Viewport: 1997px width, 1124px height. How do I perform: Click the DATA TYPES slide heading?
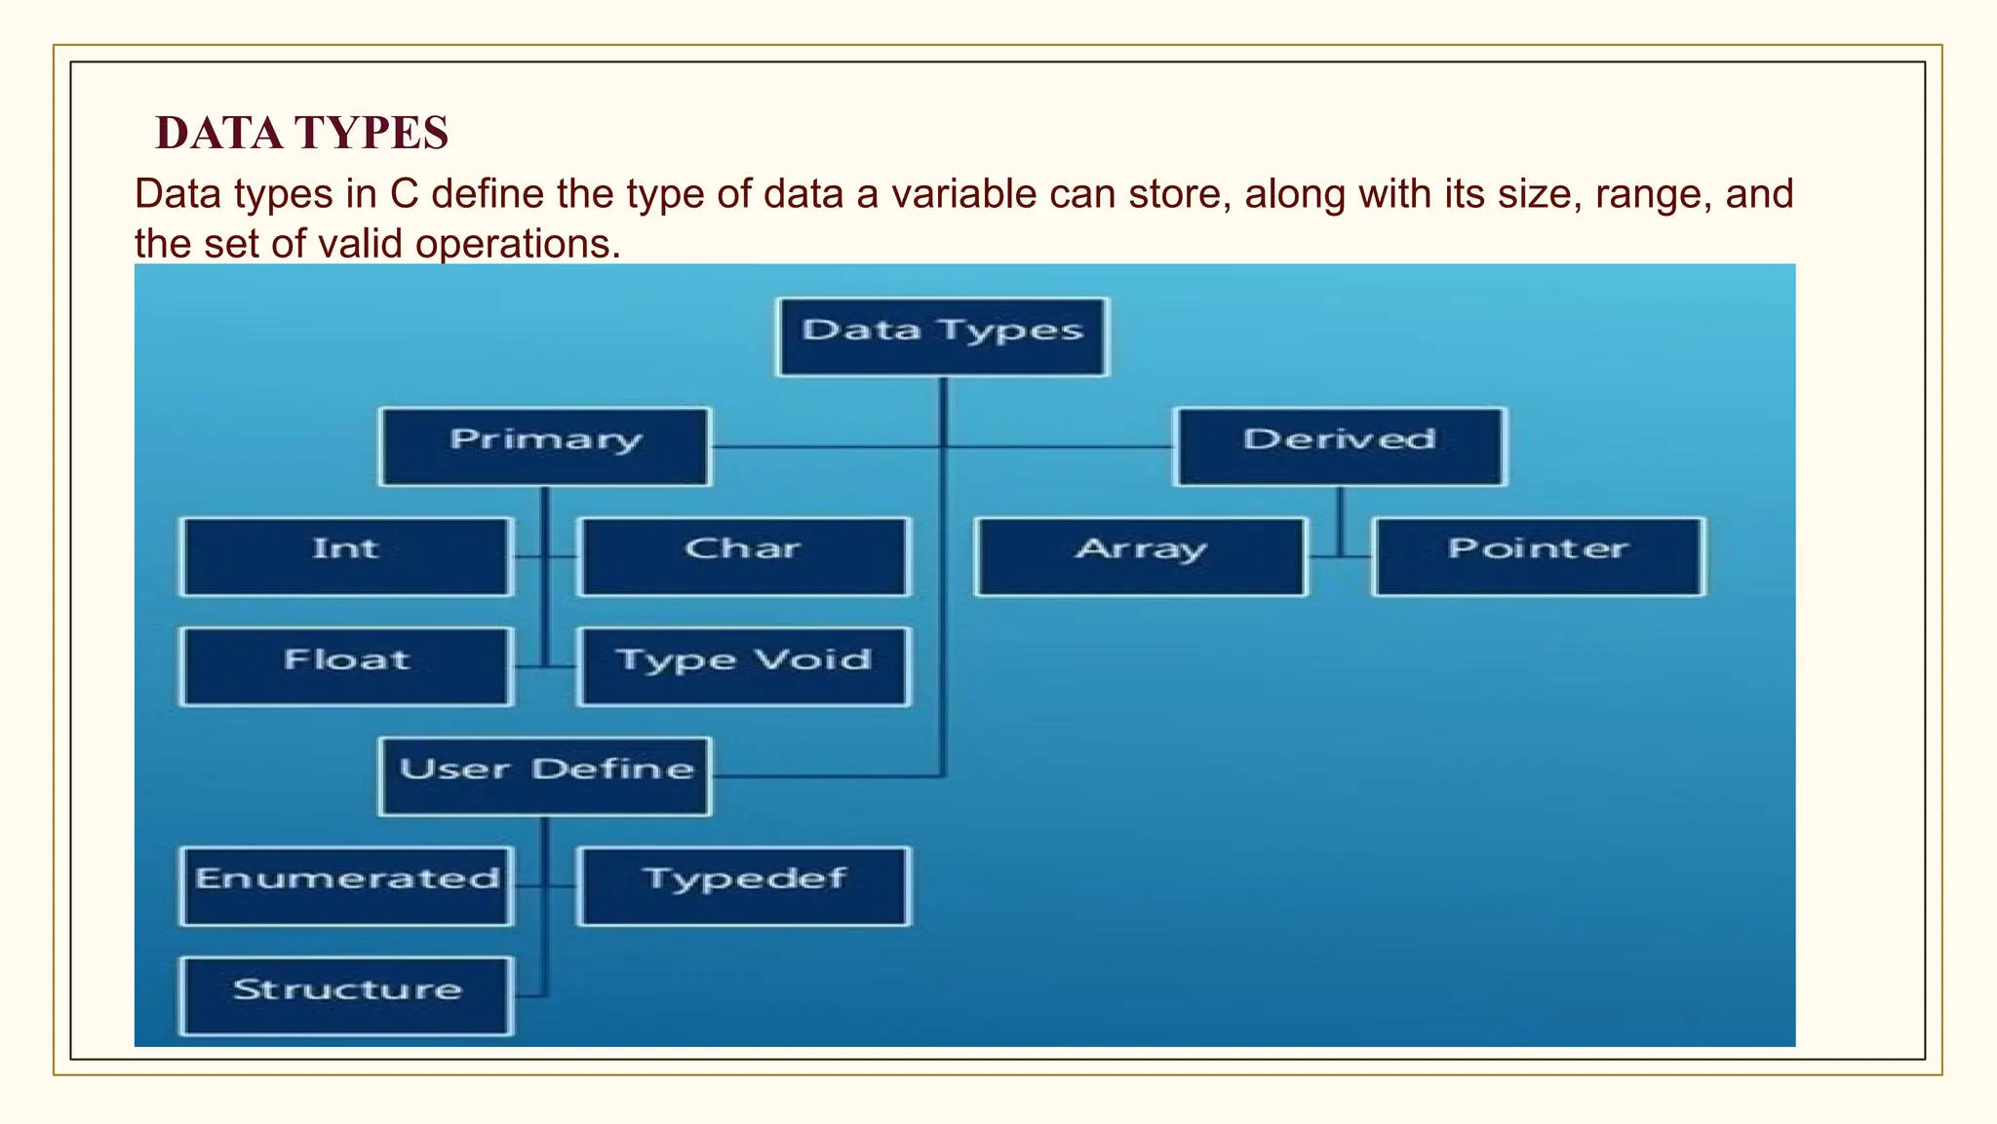tap(301, 133)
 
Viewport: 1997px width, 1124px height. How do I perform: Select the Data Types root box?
tap(943, 337)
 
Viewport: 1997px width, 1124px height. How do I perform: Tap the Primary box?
tap(545, 446)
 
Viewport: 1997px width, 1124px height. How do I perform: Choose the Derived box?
tap(1340, 446)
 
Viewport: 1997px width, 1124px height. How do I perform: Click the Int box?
tap(346, 556)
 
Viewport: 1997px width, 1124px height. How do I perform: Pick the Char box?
tap(743, 556)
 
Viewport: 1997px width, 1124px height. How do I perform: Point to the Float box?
tap(346, 666)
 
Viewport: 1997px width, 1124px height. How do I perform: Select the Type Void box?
tap(743, 666)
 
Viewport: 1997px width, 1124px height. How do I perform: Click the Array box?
tap(1141, 556)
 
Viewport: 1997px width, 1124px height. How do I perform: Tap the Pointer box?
tap(1539, 556)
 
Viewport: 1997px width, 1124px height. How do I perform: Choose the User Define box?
tap(545, 776)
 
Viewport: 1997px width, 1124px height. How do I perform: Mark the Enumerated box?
tap(346, 886)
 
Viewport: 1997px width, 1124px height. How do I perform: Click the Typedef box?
tap(743, 886)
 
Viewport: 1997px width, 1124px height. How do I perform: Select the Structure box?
tap(346, 995)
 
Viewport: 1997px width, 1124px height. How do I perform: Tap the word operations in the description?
tap(517, 244)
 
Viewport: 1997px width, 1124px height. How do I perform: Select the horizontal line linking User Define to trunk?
tap(829, 777)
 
